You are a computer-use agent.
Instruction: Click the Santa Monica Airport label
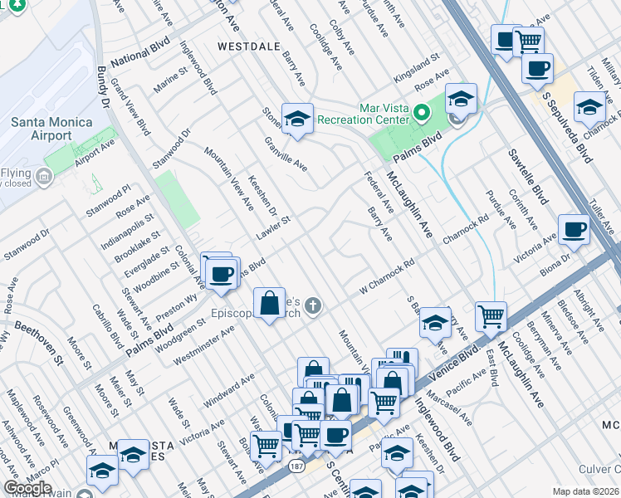coord(40,129)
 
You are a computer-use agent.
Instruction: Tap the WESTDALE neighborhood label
coord(248,47)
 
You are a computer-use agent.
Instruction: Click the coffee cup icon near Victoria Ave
coord(573,230)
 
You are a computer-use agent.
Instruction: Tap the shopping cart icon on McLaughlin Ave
coord(491,316)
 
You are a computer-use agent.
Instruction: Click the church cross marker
coord(313,306)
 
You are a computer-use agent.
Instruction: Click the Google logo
coord(27,488)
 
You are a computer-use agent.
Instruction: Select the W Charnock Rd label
coord(386,280)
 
